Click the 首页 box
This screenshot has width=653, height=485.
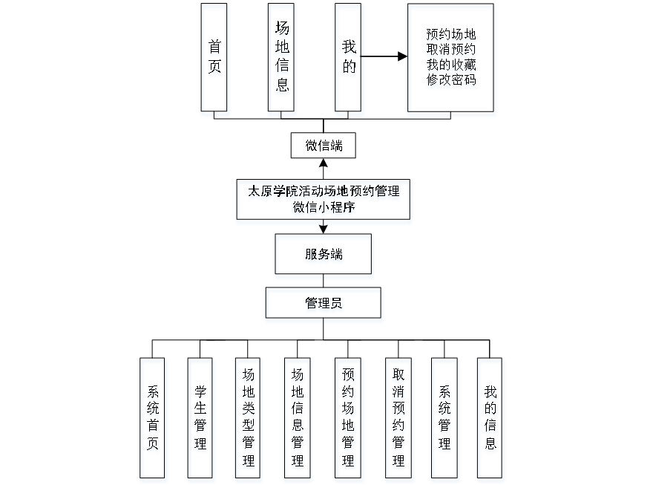(215, 60)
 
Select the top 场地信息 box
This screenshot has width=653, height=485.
(283, 60)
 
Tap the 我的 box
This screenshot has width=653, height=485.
(350, 60)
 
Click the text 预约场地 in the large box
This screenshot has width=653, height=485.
(451, 36)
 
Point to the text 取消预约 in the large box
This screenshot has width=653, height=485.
(451, 51)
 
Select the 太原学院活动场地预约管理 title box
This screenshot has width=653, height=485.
(324, 192)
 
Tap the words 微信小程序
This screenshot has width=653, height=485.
(324, 209)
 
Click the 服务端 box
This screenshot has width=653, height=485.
(324, 256)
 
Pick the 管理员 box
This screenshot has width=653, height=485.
(324, 305)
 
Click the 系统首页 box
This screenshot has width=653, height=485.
(154, 420)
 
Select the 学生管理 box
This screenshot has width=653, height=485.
(201, 420)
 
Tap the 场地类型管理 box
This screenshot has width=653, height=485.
(249, 420)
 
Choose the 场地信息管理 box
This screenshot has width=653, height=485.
(297, 420)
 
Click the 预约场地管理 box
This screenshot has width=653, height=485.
(349, 420)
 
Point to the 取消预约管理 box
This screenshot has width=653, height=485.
(398, 420)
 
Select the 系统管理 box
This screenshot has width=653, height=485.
(444, 420)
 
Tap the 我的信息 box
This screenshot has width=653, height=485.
(491, 420)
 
